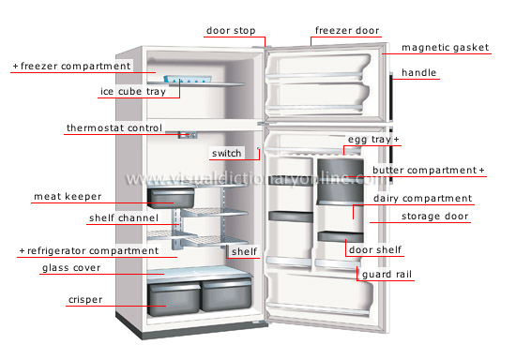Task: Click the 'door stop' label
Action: tap(229, 31)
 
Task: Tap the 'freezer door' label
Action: tap(347, 31)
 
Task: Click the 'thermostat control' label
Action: tap(114, 127)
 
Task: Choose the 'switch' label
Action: tap(226, 153)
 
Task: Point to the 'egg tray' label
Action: tap(369, 140)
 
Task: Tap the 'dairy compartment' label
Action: tap(422, 199)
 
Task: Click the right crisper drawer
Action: tap(225, 295)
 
